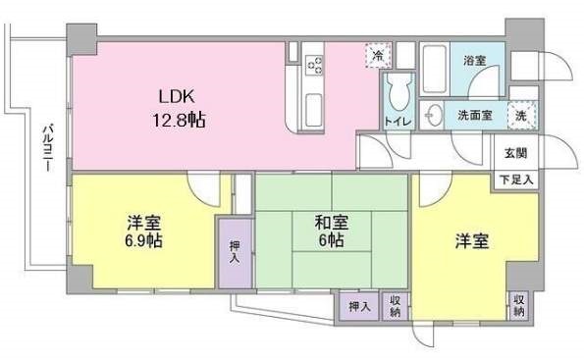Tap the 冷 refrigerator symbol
tap(375, 56)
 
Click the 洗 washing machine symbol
tap(524, 114)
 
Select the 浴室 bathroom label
tap(475, 60)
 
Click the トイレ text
tap(398, 123)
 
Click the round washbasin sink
tap(433, 115)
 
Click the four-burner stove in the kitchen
tap(316, 65)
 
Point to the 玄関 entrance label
tap(514, 152)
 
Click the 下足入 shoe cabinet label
tap(514, 180)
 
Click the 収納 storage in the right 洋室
tap(518, 305)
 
